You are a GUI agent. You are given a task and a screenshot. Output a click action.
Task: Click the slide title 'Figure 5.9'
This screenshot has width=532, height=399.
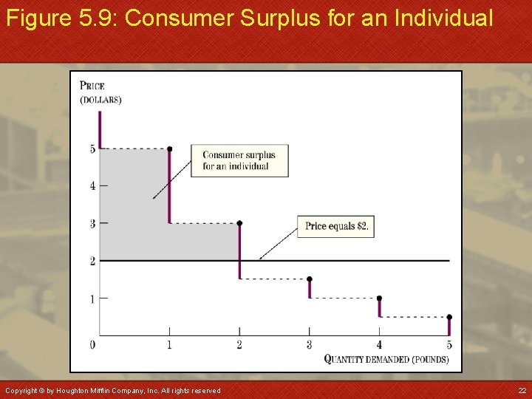coord(249,18)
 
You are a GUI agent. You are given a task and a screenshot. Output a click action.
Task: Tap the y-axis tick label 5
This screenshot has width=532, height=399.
coord(93,149)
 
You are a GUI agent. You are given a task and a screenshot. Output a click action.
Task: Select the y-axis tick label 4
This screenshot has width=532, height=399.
coord(93,186)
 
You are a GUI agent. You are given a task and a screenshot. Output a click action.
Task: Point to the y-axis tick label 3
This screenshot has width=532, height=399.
coord(93,223)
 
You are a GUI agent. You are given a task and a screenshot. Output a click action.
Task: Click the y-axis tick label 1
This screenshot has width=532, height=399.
coord(93,299)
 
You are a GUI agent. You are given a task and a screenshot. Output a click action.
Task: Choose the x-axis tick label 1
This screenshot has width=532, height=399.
coord(169,345)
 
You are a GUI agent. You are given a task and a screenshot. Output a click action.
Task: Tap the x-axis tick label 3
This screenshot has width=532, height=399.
coord(310,345)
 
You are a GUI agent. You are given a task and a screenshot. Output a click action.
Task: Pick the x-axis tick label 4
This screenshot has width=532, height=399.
coord(379,345)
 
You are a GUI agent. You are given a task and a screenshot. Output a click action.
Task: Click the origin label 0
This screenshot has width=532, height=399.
coord(92,345)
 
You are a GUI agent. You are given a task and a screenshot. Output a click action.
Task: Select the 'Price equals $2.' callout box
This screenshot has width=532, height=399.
coord(336,226)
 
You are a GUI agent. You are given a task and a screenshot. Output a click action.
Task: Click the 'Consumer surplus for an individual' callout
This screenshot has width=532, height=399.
coord(239,160)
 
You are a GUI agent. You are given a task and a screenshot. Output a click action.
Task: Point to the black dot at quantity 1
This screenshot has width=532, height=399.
coord(169,149)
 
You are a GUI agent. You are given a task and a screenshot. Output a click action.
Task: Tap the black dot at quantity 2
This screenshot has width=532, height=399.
coord(239,223)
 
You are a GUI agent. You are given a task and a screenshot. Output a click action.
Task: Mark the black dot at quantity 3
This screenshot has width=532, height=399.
coord(310,279)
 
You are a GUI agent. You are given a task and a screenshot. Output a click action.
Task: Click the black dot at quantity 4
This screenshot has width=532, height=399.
coord(379,299)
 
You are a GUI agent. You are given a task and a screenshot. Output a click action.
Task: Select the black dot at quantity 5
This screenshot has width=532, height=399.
coord(449,317)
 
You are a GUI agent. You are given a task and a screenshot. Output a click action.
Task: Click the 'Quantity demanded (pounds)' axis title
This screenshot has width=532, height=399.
coord(386,360)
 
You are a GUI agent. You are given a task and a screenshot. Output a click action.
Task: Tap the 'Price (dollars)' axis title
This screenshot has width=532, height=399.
coord(100,92)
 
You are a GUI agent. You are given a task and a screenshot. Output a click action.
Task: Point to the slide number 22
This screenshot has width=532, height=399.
coord(522,390)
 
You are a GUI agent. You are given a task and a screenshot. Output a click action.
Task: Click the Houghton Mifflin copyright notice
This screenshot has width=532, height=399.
coord(112,390)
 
